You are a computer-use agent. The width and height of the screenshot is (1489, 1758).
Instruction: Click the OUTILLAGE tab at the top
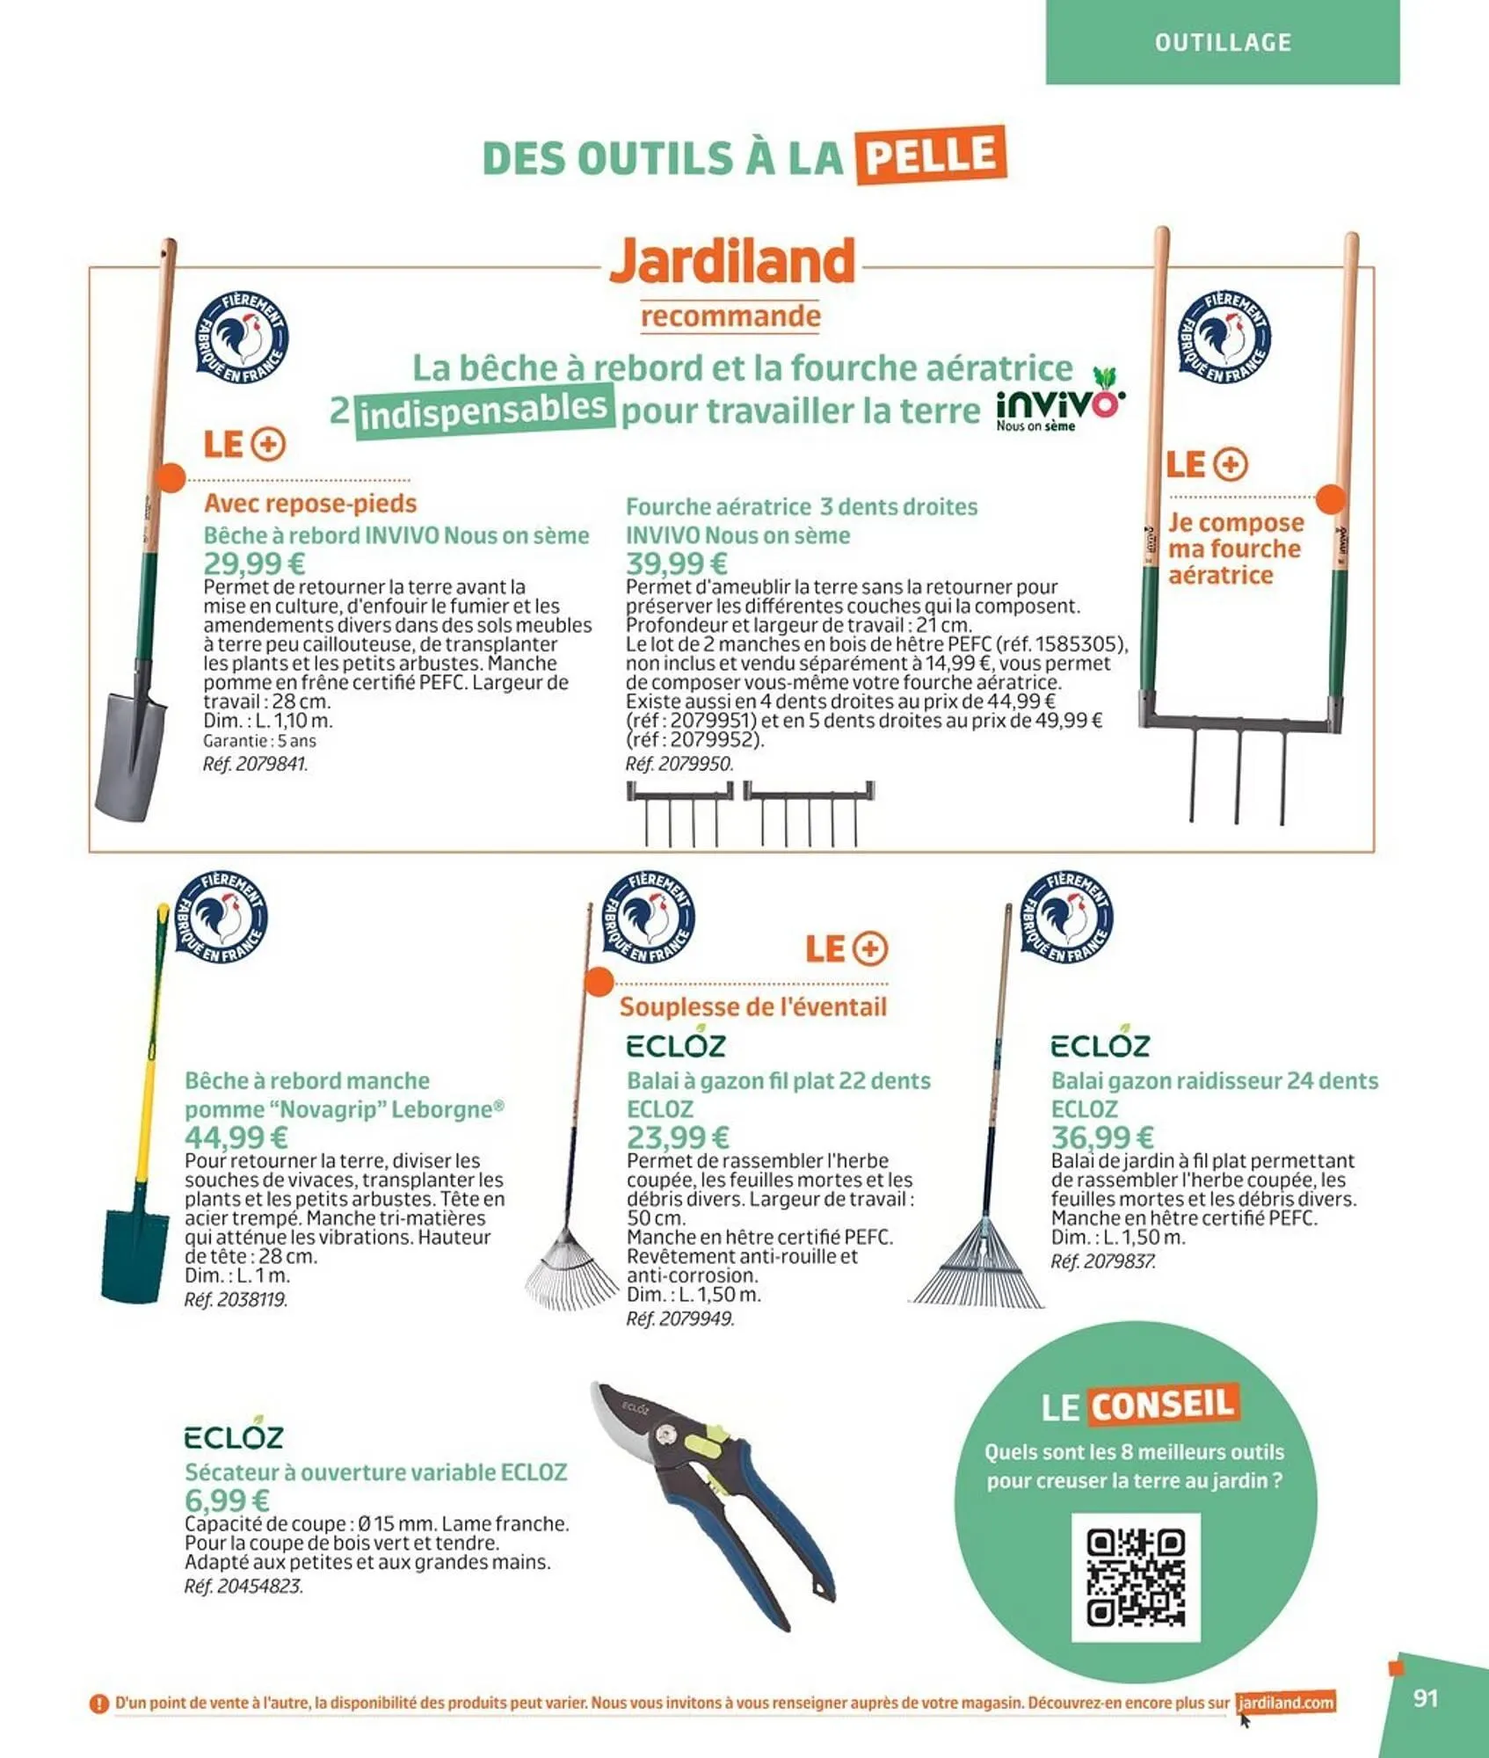(x=1223, y=42)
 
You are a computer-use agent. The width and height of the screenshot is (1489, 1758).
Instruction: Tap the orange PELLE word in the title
(x=932, y=156)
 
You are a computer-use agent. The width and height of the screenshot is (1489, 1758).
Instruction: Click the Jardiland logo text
(x=732, y=260)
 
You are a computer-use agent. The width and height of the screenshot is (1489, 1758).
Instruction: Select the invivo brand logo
(x=1060, y=406)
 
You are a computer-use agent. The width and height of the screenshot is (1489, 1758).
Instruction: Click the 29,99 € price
(x=254, y=563)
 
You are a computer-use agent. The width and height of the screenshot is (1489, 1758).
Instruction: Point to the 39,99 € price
(x=676, y=563)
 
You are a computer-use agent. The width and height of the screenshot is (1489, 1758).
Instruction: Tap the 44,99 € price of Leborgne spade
(x=236, y=1137)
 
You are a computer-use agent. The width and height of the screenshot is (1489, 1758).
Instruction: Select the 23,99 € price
(x=678, y=1137)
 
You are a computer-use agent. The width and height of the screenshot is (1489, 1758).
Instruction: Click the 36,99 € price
(x=1102, y=1137)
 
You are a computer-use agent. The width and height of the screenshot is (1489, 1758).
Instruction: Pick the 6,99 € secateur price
(x=227, y=1500)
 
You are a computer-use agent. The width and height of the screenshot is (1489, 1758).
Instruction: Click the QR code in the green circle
(x=1136, y=1577)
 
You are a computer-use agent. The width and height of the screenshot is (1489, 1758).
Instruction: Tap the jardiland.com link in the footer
(x=1285, y=1703)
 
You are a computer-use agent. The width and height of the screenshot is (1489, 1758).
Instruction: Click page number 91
(x=1425, y=1698)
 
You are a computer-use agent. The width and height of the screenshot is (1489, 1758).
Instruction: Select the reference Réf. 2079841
(x=255, y=764)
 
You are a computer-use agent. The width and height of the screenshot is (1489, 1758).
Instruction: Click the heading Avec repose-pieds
(x=310, y=504)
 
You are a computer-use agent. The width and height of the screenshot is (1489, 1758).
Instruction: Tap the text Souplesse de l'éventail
(x=752, y=1006)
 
